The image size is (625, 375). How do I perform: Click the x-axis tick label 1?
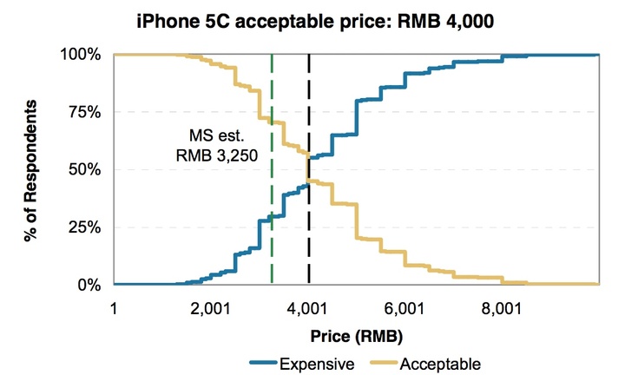click(114, 308)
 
